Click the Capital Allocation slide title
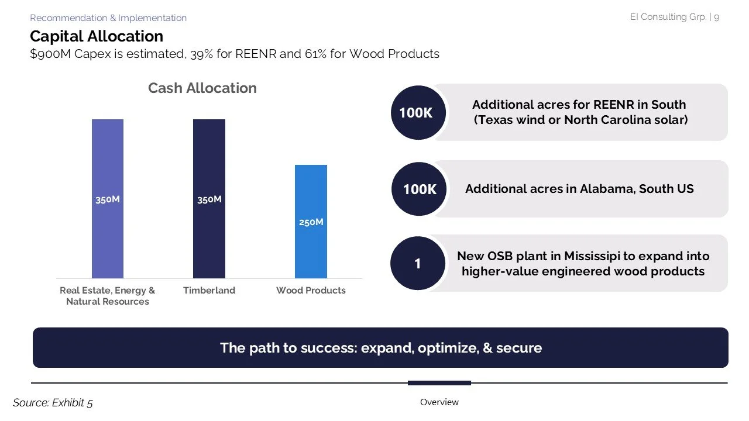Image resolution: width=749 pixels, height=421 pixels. click(97, 36)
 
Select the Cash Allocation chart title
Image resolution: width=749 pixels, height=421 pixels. click(202, 88)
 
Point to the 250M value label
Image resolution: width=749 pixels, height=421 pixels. click(311, 222)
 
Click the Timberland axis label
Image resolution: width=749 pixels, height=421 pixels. click(209, 291)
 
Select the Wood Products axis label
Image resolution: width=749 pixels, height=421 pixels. click(311, 291)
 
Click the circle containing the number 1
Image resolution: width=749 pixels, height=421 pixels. click(417, 264)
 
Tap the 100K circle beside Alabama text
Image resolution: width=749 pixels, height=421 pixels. click(419, 189)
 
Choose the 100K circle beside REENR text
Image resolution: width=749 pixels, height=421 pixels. click(417, 113)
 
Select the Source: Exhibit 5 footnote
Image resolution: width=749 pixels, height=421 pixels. click(53, 402)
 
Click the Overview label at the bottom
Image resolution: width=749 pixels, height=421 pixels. click(439, 402)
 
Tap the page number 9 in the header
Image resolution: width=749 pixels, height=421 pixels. click(716, 17)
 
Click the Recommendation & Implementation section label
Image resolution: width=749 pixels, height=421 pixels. click(108, 18)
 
